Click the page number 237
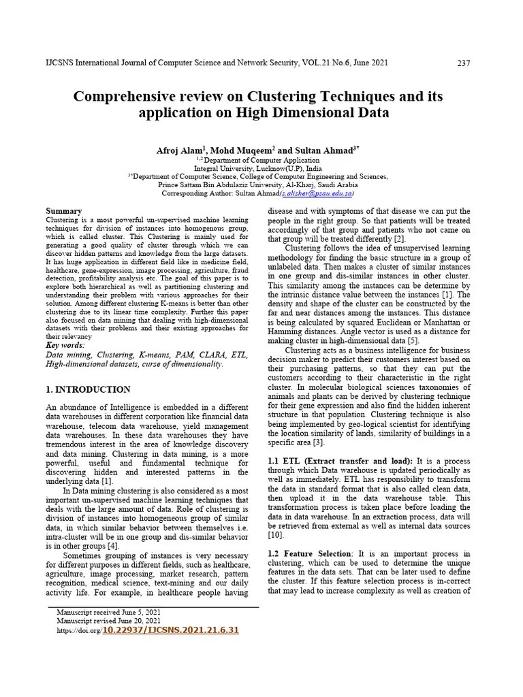click(x=463, y=63)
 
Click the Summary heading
click(x=63, y=212)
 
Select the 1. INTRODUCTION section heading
click(x=88, y=390)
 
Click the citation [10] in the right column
click(x=275, y=536)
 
